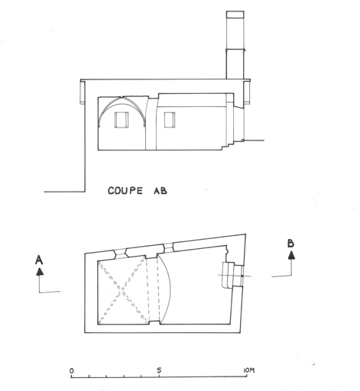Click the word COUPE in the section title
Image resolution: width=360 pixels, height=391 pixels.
(125, 191)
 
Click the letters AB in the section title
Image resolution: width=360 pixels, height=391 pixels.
(161, 191)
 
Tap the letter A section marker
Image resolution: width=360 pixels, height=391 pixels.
(39, 260)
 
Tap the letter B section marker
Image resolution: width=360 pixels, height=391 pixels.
(290, 244)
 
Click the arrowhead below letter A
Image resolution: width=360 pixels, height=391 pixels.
(40, 271)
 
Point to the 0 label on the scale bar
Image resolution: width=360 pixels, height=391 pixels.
(72, 370)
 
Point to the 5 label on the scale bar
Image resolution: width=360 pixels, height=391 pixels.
(159, 370)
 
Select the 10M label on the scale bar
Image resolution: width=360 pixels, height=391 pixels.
(248, 370)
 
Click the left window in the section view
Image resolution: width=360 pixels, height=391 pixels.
(121, 120)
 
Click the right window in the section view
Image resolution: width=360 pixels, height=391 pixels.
(170, 120)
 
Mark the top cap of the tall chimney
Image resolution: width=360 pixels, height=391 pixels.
(235, 15)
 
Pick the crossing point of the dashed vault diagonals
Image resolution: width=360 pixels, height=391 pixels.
(122, 290)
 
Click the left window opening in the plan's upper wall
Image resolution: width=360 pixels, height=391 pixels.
(120, 253)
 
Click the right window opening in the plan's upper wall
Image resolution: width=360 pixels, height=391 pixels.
(168, 247)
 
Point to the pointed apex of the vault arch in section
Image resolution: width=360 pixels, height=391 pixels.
(122, 97)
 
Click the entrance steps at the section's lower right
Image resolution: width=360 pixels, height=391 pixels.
(232, 144)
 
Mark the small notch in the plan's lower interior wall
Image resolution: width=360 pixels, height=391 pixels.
(154, 323)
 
